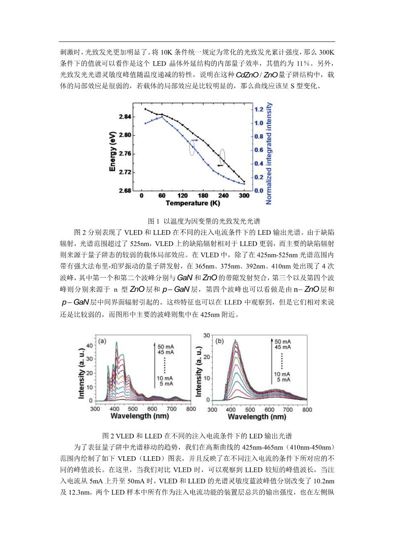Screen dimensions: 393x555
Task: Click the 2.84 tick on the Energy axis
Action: (x=125, y=117)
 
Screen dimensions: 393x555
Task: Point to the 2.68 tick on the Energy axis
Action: (x=125, y=191)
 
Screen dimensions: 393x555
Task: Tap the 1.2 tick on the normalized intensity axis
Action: (x=258, y=109)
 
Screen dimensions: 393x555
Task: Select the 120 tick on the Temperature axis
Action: (x=182, y=196)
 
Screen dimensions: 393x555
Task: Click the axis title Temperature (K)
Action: (x=192, y=204)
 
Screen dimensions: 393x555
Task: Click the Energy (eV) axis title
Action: (x=113, y=151)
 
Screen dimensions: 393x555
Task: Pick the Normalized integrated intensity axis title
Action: (x=269, y=153)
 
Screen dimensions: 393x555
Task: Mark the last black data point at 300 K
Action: (x=244, y=182)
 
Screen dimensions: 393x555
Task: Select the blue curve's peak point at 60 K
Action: (x=162, y=117)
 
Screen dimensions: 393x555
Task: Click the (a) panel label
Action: (x=102, y=341)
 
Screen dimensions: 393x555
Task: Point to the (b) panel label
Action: (x=220, y=341)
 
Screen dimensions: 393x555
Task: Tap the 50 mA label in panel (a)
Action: (x=166, y=347)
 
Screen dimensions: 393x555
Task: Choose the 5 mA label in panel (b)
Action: (x=283, y=379)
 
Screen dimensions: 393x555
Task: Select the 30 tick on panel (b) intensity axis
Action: (x=206, y=335)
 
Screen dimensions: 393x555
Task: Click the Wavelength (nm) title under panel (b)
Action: (x=257, y=416)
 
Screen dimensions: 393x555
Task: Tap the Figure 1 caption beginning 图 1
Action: (x=204, y=221)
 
